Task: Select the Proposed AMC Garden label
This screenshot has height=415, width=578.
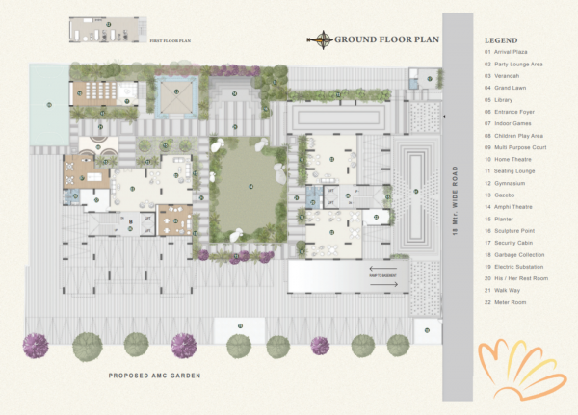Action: point(154,375)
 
